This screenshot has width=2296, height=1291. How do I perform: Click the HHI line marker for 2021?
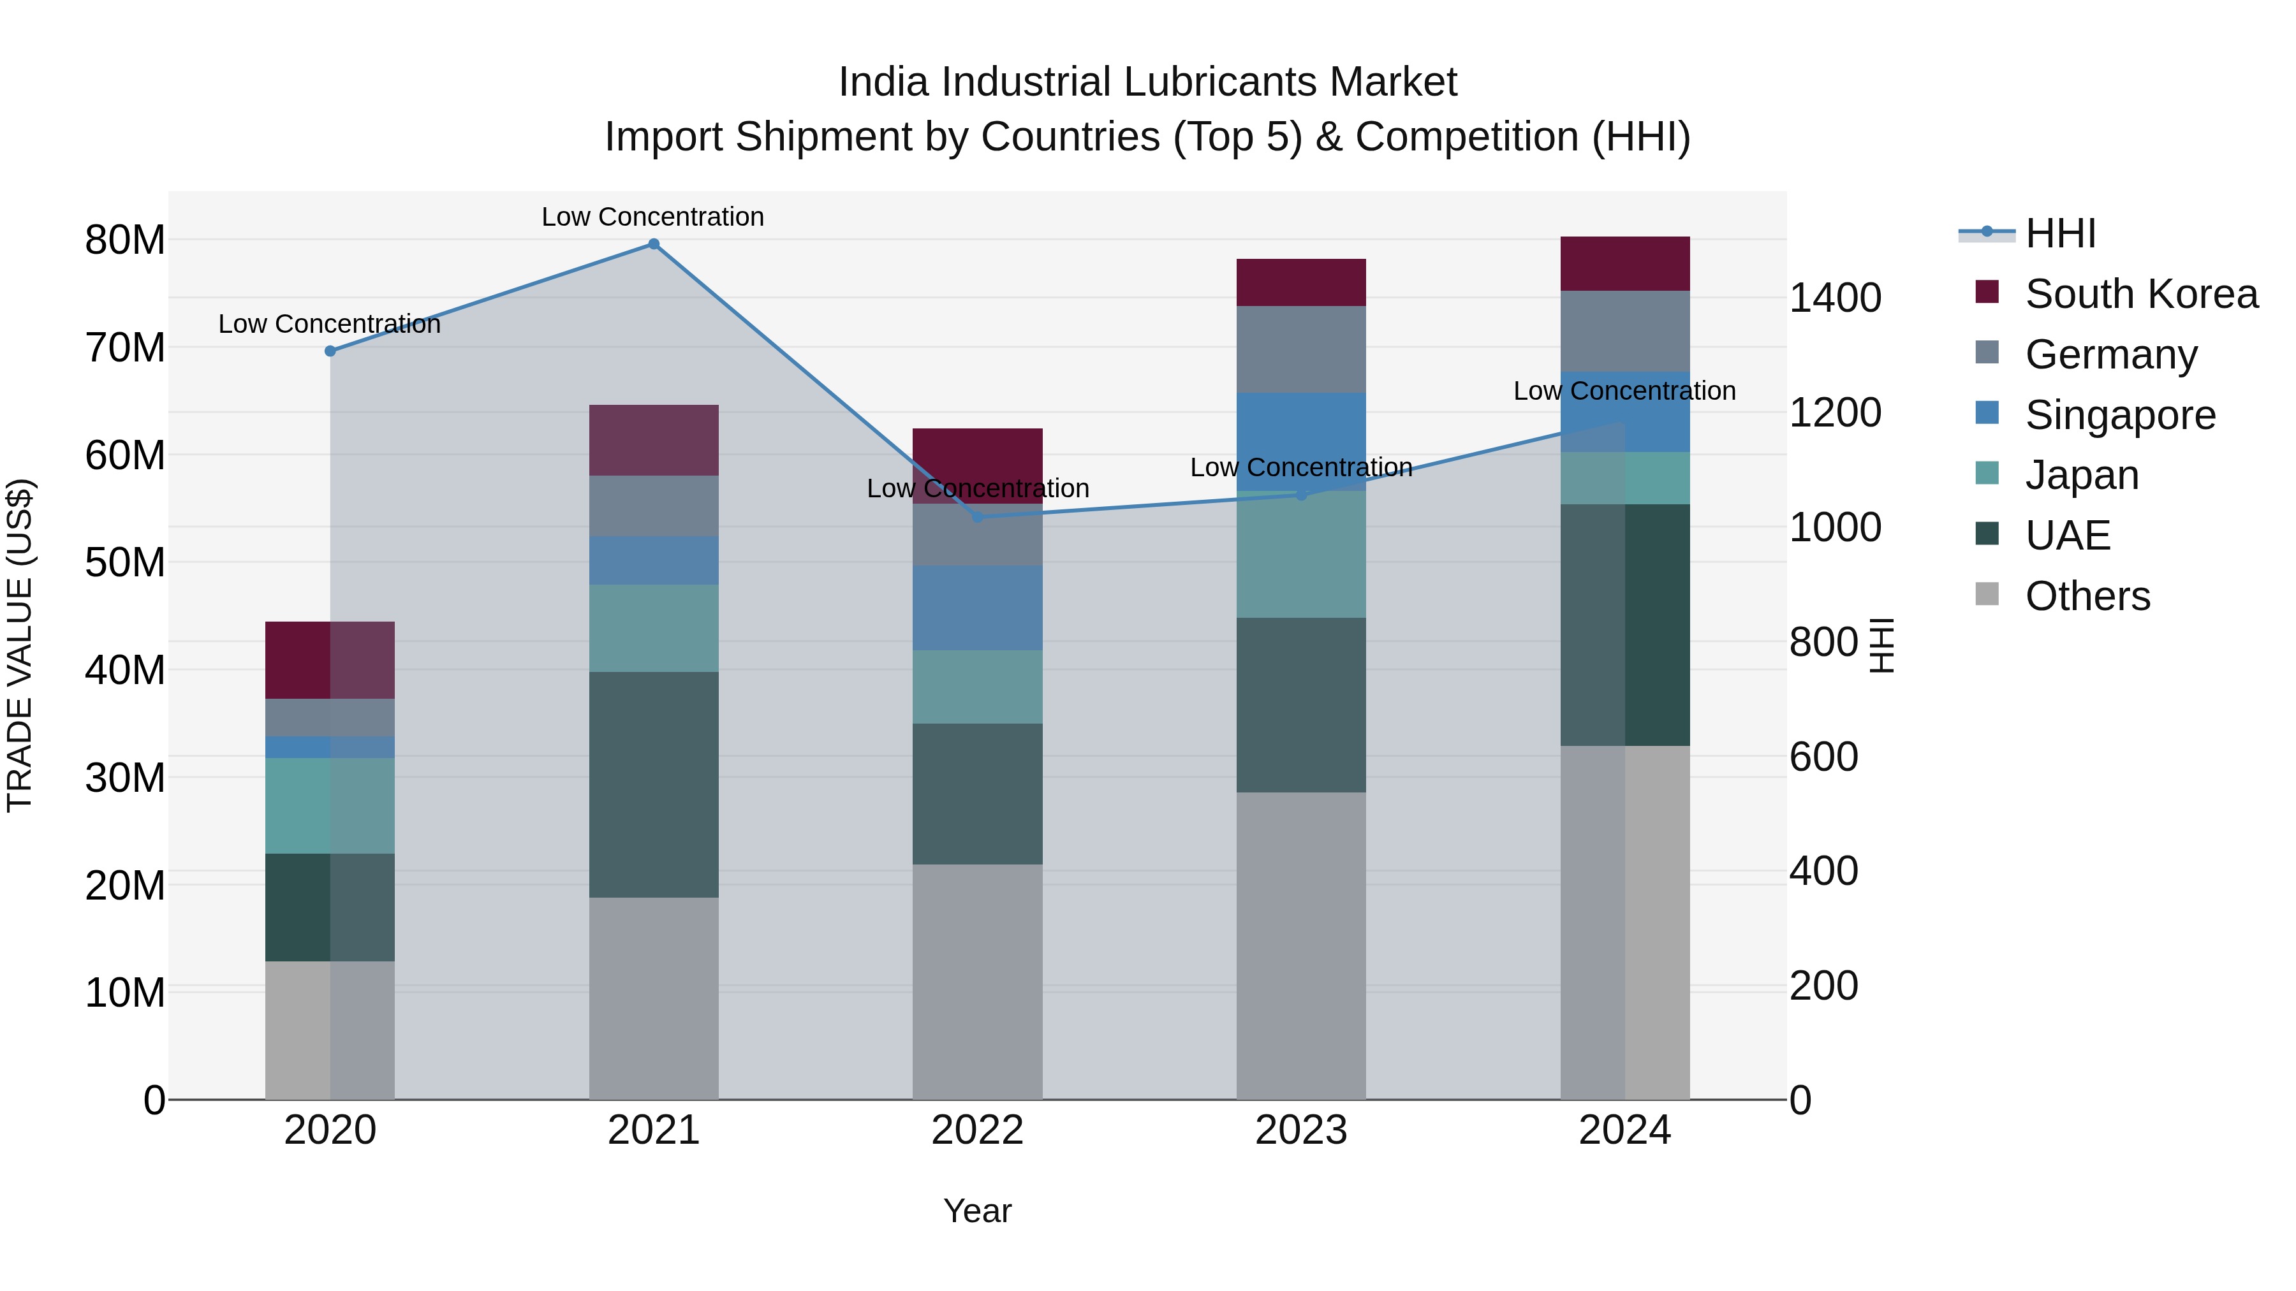[x=653, y=244]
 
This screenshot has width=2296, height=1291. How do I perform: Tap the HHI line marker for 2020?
[x=330, y=351]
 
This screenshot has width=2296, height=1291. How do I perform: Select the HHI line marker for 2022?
[x=977, y=517]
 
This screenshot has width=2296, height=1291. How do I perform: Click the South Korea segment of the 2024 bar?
[x=1625, y=264]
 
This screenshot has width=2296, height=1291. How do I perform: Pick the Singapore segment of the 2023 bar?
[x=1300, y=441]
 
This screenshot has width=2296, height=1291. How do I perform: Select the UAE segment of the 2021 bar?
[x=653, y=784]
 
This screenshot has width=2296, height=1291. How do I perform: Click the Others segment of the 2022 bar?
[x=977, y=980]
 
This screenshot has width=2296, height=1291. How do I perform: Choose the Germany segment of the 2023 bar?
[x=1300, y=349]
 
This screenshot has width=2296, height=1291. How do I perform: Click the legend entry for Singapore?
[x=2119, y=415]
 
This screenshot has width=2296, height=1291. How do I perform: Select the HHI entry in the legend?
[x=2059, y=233]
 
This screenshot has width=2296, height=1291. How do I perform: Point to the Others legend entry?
[x=2087, y=596]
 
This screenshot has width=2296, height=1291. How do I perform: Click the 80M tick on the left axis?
[x=125, y=240]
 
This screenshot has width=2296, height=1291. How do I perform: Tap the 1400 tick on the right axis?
[x=1834, y=298]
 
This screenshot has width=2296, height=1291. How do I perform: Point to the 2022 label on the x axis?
[x=977, y=1130]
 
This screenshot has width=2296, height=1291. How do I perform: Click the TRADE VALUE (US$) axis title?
[x=20, y=645]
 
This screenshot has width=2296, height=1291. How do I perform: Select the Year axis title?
[x=977, y=1211]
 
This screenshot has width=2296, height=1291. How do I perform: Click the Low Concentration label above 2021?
[x=652, y=217]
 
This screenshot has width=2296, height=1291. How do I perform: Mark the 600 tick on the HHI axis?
[x=1823, y=756]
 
